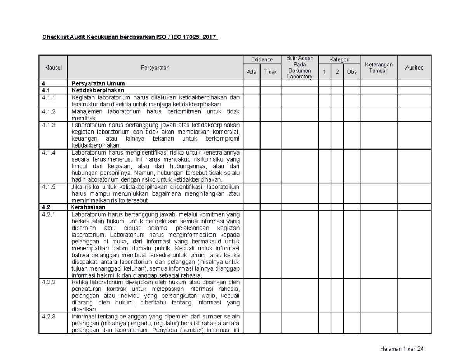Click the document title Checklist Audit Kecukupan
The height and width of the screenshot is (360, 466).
tap(130, 38)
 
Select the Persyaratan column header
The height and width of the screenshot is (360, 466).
tap(155, 68)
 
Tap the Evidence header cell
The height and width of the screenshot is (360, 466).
tap(262, 59)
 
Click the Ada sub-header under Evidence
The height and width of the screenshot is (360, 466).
tap(252, 72)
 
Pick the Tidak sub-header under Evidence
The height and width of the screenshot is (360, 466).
tap(270, 72)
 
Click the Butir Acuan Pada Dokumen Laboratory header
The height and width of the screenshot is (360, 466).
tap(299, 68)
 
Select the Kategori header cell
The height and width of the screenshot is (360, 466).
tap(339, 59)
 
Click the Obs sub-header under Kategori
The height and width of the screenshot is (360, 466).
tap(351, 72)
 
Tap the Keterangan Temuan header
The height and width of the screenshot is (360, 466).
tap(379, 68)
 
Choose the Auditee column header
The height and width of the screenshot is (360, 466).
tap(414, 68)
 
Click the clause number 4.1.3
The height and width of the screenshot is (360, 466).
tap(49, 125)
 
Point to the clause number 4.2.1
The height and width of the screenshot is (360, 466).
tap(49, 214)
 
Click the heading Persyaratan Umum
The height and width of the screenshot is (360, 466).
tap(98, 83)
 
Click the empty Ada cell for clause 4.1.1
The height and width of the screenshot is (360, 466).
tap(252, 101)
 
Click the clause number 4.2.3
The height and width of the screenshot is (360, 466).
tap(49, 316)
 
